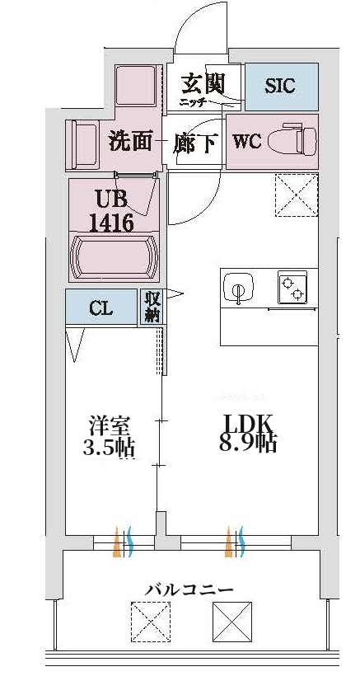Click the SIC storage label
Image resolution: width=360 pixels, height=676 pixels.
[x=280, y=86]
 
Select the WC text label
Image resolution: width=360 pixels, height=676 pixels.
[x=246, y=141]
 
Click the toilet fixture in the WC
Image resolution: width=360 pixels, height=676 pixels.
[x=292, y=141]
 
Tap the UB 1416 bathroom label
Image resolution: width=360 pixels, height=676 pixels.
[x=111, y=211]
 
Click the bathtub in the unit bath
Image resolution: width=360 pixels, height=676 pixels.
[x=114, y=258]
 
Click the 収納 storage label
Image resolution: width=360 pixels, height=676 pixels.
[x=152, y=307]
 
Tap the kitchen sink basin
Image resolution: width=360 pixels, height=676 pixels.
[x=238, y=287]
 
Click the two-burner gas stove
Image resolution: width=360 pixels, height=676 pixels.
[x=292, y=287]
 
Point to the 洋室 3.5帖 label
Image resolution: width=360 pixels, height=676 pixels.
[x=109, y=436]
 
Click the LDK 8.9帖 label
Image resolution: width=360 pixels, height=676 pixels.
[x=247, y=434]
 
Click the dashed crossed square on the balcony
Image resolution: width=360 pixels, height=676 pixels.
[x=150, y=622]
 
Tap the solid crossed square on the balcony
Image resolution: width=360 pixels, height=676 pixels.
[x=232, y=622]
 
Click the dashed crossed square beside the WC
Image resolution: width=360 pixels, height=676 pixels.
[x=297, y=195]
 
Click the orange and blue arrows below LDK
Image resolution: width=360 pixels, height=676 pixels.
[x=234, y=542]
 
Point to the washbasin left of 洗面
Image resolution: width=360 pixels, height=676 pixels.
[x=82, y=145]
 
